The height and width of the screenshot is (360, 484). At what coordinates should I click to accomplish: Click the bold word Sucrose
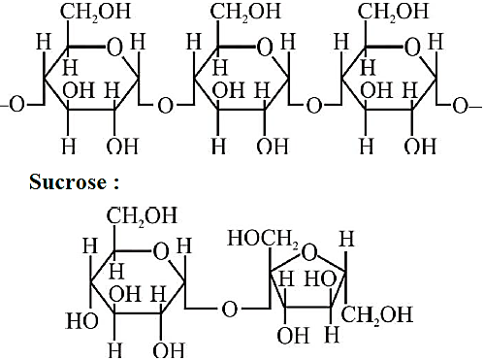[68, 181]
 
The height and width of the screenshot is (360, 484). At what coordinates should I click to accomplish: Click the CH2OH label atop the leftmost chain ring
[96, 12]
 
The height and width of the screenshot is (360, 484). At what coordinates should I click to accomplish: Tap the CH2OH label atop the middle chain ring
[245, 12]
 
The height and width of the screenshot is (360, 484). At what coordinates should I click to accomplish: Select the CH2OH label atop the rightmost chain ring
[393, 12]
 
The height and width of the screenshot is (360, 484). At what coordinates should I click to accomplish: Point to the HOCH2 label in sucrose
[263, 239]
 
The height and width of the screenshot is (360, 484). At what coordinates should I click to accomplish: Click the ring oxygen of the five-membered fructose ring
[309, 252]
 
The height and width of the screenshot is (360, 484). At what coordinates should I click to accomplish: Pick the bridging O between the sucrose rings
[230, 309]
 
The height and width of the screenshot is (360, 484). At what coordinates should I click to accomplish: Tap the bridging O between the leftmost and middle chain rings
[165, 106]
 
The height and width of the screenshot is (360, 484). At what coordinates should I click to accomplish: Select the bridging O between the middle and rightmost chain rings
[314, 106]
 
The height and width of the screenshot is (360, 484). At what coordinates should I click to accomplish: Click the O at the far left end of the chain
[16, 105]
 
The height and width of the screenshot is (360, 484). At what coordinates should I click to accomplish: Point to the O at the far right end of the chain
[461, 106]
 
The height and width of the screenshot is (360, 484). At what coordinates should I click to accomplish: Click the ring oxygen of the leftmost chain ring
[114, 48]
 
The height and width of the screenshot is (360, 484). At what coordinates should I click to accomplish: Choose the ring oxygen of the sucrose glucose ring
[161, 251]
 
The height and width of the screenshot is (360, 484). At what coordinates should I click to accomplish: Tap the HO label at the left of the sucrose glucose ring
[82, 321]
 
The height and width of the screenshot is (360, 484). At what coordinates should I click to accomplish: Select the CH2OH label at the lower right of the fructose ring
[377, 314]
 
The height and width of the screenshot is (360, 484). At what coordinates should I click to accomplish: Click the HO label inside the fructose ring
[321, 278]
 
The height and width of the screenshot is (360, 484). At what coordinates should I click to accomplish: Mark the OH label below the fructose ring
[293, 336]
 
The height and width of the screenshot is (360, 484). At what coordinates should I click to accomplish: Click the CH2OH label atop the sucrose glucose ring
[142, 216]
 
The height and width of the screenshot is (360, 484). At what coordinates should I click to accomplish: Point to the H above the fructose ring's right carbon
[346, 239]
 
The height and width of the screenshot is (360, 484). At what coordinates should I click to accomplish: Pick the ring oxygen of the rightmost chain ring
[412, 48]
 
